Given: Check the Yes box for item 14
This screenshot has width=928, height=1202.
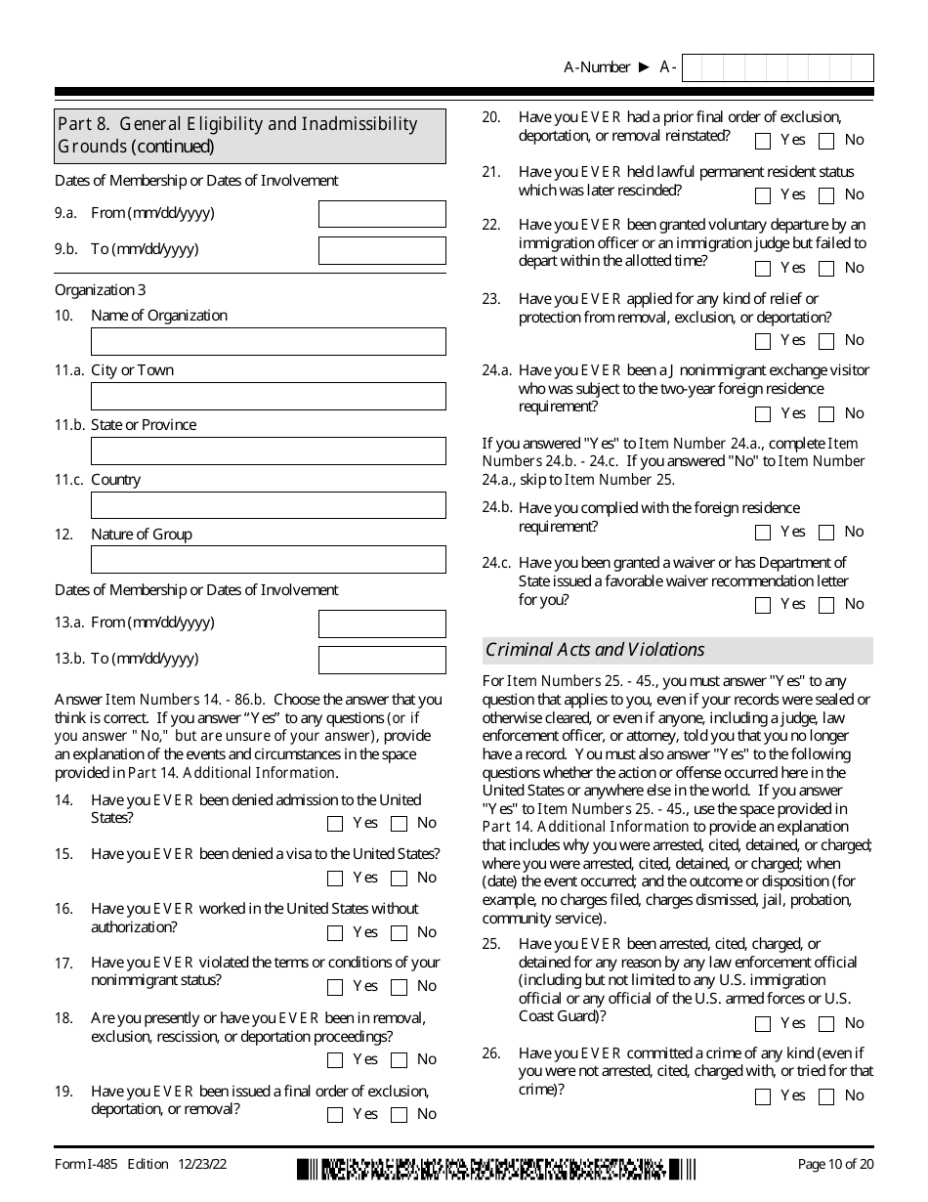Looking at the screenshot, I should pyautogui.click(x=336, y=824).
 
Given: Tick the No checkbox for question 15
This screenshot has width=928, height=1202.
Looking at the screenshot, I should pyautogui.click(x=399, y=879).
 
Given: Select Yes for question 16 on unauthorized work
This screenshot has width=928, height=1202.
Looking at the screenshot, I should pyautogui.click(x=336, y=933).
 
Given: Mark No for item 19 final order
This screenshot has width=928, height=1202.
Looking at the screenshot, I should pyautogui.click(x=399, y=1115).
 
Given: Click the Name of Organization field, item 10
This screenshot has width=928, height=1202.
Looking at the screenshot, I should pyautogui.click(x=268, y=341).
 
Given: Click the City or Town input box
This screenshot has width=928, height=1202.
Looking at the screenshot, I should pyautogui.click(x=268, y=396).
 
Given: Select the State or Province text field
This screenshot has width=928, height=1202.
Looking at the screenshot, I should pyautogui.click(x=268, y=451).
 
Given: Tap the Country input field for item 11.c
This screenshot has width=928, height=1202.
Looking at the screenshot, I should pyautogui.click(x=268, y=505).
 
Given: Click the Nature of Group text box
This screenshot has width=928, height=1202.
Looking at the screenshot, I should pyautogui.click(x=268, y=560).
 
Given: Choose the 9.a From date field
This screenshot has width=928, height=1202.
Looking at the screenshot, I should pyautogui.click(x=382, y=214).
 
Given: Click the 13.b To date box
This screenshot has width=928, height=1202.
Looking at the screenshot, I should pyautogui.click(x=382, y=660).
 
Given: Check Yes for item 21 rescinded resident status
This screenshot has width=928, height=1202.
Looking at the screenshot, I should pyautogui.click(x=764, y=195).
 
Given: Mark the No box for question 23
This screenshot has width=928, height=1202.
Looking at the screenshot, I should pyautogui.click(x=826, y=341).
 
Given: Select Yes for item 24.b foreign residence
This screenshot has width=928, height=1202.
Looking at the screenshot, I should pyautogui.click(x=764, y=533).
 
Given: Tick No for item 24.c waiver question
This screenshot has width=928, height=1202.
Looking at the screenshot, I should pyautogui.click(x=826, y=605).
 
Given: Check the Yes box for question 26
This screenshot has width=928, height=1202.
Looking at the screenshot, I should pyautogui.click(x=764, y=1096).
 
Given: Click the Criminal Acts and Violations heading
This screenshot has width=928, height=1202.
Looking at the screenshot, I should pyautogui.click(x=595, y=650).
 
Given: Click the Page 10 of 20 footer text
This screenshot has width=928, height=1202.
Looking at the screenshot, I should pyautogui.click(x=835, y=1164).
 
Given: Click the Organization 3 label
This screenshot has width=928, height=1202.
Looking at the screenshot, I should pyautogui.click(x=94, y=290).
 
